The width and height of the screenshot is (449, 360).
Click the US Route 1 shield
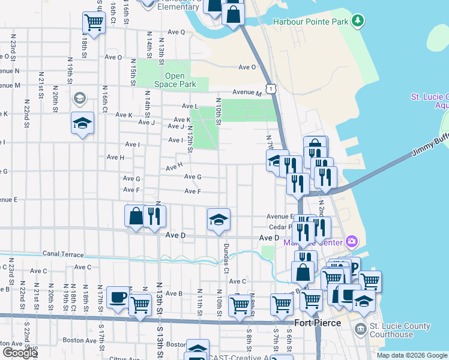click(x=272, y=89)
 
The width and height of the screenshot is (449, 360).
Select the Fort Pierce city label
click(x=318, y=323)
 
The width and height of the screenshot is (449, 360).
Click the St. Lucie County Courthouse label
click(x=400, y=331)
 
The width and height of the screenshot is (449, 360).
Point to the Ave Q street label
click(x=176, y=32)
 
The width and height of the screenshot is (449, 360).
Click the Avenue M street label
click(x=247, y=93)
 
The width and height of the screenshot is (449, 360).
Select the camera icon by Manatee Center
click(x=352, y=242)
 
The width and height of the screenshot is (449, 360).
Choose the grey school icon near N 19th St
click(x=79, y=98)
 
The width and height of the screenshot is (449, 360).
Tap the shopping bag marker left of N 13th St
click(x=136, y=216)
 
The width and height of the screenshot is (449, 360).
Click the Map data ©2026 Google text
click(x=412, y=355)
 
